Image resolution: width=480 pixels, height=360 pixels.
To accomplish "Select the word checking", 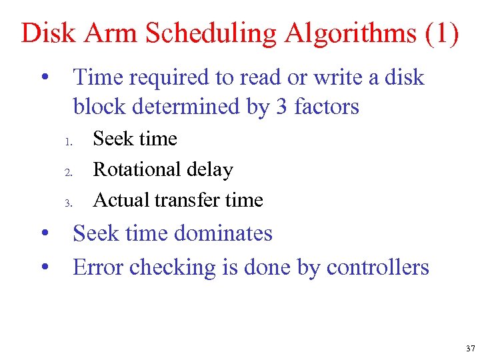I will click(x=171, y=268).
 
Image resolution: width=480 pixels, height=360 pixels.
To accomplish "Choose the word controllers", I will click(x=377, y=267).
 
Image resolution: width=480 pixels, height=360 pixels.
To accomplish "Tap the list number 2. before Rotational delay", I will click(x=68, y=173).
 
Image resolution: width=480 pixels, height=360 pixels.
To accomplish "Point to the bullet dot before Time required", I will click(x=45, y=78).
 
